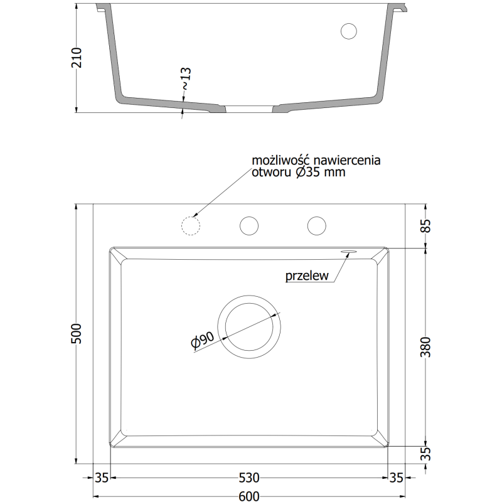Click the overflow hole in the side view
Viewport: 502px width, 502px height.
pyautogui.click(x=348, y=31)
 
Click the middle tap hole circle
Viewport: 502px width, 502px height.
pyautogui.click(x=250, y=225)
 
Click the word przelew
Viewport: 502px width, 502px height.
pyautogui.click(x=307, y=275)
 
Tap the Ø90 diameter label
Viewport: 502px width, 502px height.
pyautogui.click(x=202, y=339)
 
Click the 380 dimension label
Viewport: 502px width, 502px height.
pyautogui.click(x=425, y=347)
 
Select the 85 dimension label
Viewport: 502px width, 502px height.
pyautogui.click(x=425, y=225)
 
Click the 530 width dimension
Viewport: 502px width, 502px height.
pyautogui.click(x=249, y=478)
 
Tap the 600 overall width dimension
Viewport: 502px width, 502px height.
pyautogui.click(x=249, y=496)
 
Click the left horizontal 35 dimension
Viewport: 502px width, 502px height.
pyautogui.click(x=102, y=478)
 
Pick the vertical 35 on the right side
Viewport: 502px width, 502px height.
pyautogui.click(x=425, y=454)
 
